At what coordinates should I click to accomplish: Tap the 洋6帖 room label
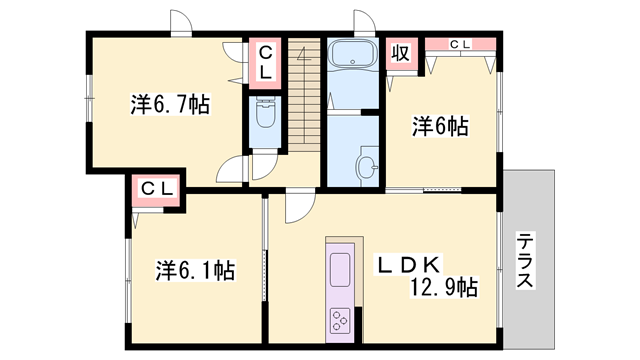(x=441, y=126)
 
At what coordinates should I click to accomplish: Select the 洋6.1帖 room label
(x=196, y=270)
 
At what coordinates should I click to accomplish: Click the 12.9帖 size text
(x=441, y=288)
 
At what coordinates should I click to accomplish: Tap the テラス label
(x=527, y=261)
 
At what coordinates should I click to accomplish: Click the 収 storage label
(x=399, y=53)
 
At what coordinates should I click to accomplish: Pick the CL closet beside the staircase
(x=266, y=63)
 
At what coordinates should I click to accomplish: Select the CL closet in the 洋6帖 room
(x=460, y=44)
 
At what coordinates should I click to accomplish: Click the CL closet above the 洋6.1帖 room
(x=155, y=187)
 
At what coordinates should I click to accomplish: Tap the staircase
(x=304, y=95)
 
